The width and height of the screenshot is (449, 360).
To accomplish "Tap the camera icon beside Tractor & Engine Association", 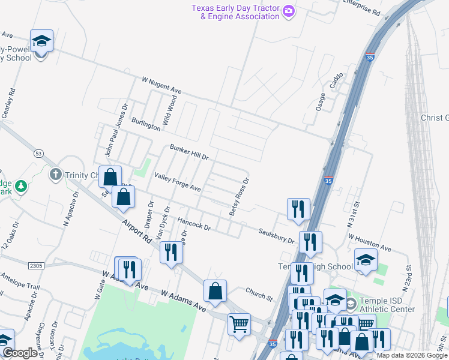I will click(x=289, y=11).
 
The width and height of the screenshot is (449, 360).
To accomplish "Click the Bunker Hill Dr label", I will click(x=188, y=152).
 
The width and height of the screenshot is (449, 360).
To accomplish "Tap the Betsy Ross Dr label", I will click(x=238, y=197).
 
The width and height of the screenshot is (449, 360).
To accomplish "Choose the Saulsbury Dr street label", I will click(x=276, y=235).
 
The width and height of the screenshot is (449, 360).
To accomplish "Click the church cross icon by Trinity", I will click(x=55, y=175).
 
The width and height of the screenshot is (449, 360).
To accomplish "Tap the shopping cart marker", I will click(x=239, y=324).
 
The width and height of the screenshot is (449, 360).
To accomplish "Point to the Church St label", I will click(x=259, y=293).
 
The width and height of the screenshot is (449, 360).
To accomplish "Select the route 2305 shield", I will click(x=35, y=265).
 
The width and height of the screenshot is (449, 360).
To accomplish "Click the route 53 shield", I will click(x=38, y=154).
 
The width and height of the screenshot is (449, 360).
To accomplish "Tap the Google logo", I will click(x=20, y=353).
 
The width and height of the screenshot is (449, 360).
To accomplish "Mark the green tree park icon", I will click(x=21, y=187).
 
